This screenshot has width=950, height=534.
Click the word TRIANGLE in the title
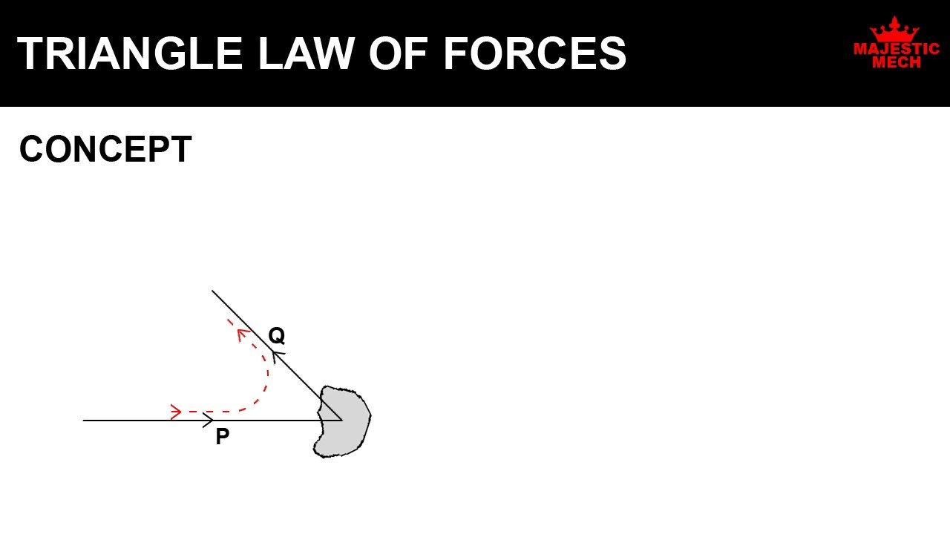[x=131, y=54]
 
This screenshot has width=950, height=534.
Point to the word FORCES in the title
[x=534, y=54]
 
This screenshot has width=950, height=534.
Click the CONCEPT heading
[x=105, y=150]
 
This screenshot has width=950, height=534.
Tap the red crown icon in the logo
[x=894, y=30]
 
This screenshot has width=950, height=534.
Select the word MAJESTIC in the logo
[x=897, y=49]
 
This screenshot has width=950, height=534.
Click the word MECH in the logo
[x=897, y=63]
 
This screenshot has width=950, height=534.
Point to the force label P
[x=222, y=437]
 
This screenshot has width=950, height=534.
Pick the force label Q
[x=276, y=336]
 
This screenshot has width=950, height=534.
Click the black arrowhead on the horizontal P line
[x=209, y=421]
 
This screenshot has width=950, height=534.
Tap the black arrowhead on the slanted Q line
[x=277, y=355]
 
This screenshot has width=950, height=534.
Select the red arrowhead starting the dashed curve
[x=176, y=412]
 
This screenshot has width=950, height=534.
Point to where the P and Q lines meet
[x=341, y=421]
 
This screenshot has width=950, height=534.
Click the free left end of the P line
[x=84, y=421]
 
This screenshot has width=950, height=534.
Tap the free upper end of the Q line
[x=212, y=291]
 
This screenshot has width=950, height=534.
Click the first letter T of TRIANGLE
[x=29, y=54]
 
